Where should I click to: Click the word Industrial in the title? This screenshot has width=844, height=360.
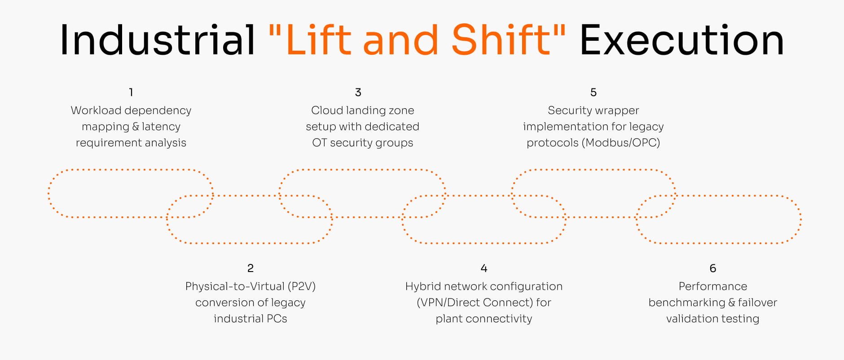click(157, 40)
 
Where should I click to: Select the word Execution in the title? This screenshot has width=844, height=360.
click(681, 40)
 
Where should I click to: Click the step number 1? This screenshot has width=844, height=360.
click(131, 92)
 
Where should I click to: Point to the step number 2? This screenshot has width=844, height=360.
click(251, 268)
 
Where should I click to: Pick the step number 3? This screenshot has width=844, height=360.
click(358, 92)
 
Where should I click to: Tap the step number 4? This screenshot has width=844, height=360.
click(484, 268)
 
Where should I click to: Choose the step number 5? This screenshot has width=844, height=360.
click(593, 92)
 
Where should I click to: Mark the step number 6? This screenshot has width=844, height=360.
click(712, 268)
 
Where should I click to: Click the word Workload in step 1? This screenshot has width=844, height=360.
click(96, 110)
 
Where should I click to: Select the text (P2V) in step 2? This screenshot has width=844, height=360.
click(302, 286)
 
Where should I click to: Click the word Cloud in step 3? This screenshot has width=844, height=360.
click(327, 110)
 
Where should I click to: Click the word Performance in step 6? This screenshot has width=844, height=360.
click(712, 286)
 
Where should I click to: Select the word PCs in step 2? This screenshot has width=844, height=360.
click(277, 319)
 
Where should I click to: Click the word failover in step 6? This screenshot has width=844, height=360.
click(757, 303)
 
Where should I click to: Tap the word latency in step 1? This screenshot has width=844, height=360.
click(161, 127)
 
